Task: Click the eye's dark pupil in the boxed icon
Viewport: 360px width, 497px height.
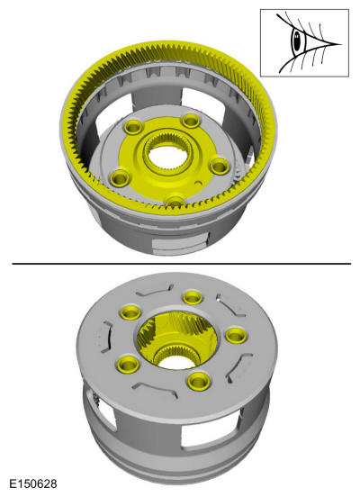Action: tap(297, 41)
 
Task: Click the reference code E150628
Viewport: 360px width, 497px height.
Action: tap(33, 483)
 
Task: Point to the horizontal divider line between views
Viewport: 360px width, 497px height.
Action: tap(182, 264)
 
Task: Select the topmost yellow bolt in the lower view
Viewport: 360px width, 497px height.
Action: tap(193, 298)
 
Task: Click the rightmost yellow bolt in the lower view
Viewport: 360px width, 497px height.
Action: tap(236, 335)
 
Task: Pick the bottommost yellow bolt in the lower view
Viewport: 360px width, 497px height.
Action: tap(199, 381)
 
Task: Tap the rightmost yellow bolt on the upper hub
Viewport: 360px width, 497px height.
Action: tap(220, 166)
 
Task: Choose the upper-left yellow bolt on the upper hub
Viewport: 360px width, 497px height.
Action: tap(133, 127)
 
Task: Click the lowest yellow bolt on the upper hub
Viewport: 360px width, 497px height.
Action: tap(175, 202)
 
